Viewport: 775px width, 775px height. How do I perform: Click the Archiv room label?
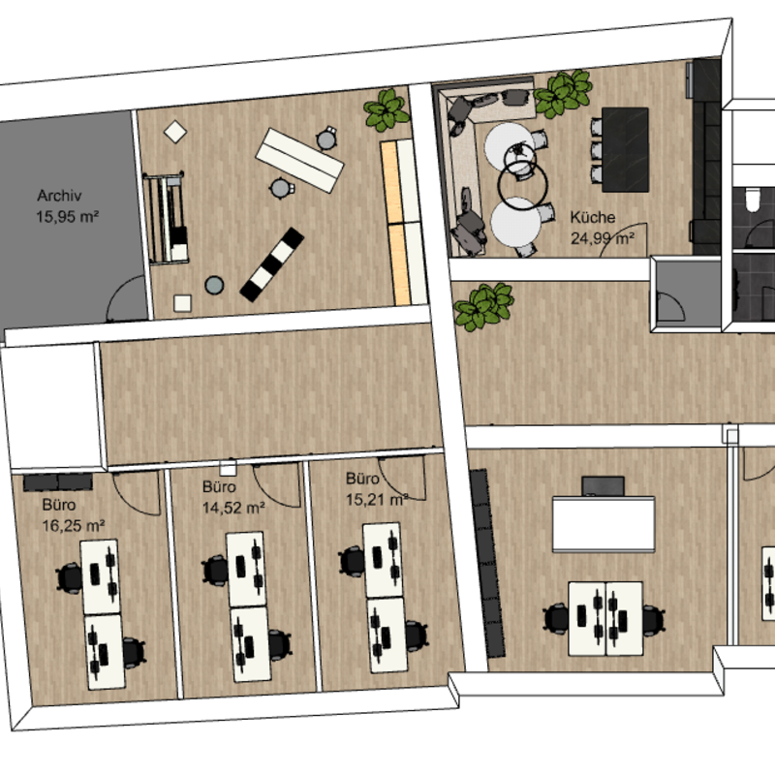coord(59,196)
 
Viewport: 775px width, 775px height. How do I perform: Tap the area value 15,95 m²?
coord(67,216)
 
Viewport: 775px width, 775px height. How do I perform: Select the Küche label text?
coord(593,217)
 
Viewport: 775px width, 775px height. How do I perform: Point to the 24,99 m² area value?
coord(603,238)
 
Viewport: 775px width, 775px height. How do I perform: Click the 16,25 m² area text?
coord(74,525)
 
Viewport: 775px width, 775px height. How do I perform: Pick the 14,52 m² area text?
coord(233,508)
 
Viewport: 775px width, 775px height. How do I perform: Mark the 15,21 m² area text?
coord(377,500)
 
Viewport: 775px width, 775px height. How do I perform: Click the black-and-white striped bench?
coord(272,264)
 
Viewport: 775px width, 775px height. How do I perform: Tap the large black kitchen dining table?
coord(625,150)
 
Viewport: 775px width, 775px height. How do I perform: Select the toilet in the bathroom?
coord(753,200)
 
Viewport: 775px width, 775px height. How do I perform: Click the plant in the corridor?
coord(483,306)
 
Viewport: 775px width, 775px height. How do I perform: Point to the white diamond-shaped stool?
coord(175,132)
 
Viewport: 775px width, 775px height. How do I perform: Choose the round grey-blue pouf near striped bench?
coord(214,285)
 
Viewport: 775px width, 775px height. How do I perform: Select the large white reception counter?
coord(604,524)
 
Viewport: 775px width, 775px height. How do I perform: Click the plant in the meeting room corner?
coord(387,109)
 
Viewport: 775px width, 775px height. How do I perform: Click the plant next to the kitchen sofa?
coord(563,93)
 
